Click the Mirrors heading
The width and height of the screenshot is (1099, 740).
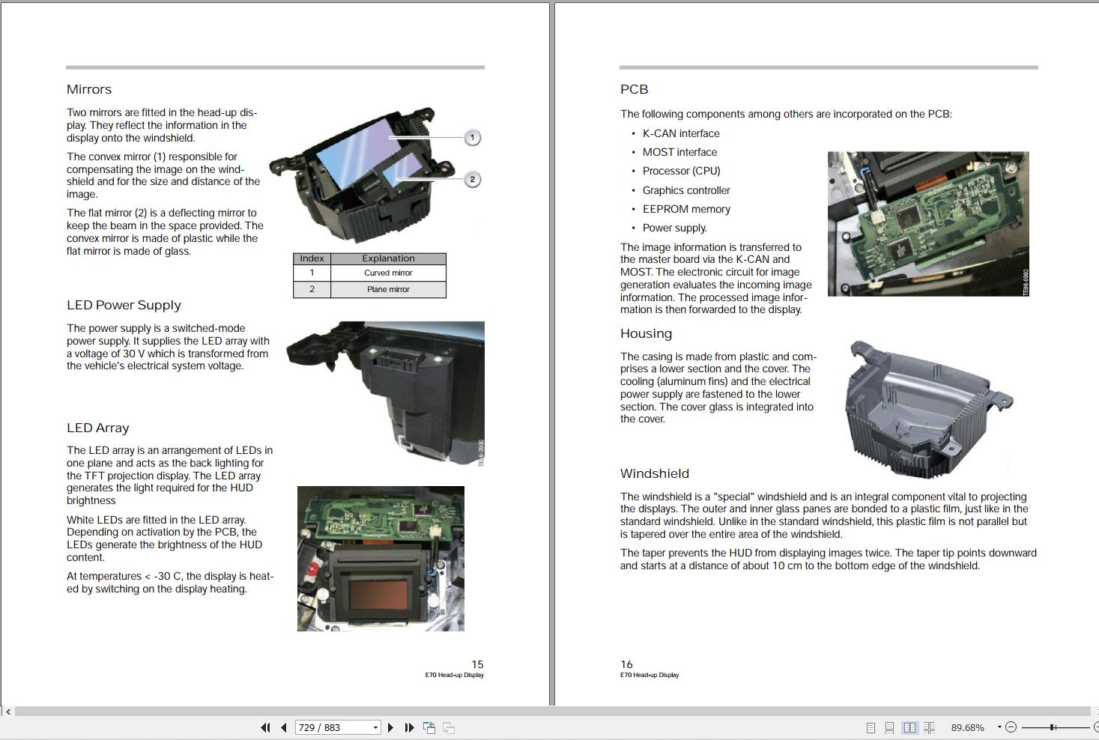pyautogui.click(x=89, y=89)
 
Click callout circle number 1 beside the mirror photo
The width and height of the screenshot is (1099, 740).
pyautogui.click(x=472, y=138)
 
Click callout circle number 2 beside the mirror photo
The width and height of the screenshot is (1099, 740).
pyautogui.click(x=472, y=180)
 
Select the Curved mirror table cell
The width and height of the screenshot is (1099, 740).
pyautogui.click(x=388, y=273)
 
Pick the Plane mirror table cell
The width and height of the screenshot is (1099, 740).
pyautogui.click(x=388, y=289)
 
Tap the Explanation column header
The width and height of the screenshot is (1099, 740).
pyautogui.click(x=388, y=258)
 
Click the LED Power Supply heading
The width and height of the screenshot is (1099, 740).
pyautogui.click(x=124, y=305)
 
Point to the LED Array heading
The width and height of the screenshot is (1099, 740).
pyautogui.click(x=98, y=428)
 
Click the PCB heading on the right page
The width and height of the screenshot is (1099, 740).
pyautogui.click(x=634, y=89)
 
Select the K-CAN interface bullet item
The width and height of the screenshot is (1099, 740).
pyautogui.click(x=681, y=133)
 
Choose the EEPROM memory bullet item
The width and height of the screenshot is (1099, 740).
pyautogui.click(x=686, y=209)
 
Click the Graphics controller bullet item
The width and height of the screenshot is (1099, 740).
pyautogui.click(x=686, y=190)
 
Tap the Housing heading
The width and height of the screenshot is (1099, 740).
pyautogui.click(x=646, y=333)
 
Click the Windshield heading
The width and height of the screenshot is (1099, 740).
pyautogui.click(x=655, y=473)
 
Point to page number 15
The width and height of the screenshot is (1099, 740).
pyautogui.click(x=477, y=664)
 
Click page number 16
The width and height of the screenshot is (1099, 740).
pyautogui.click(x=626, y=664)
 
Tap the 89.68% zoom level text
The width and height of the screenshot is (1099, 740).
pyautogui.click(x=968, y=727)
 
